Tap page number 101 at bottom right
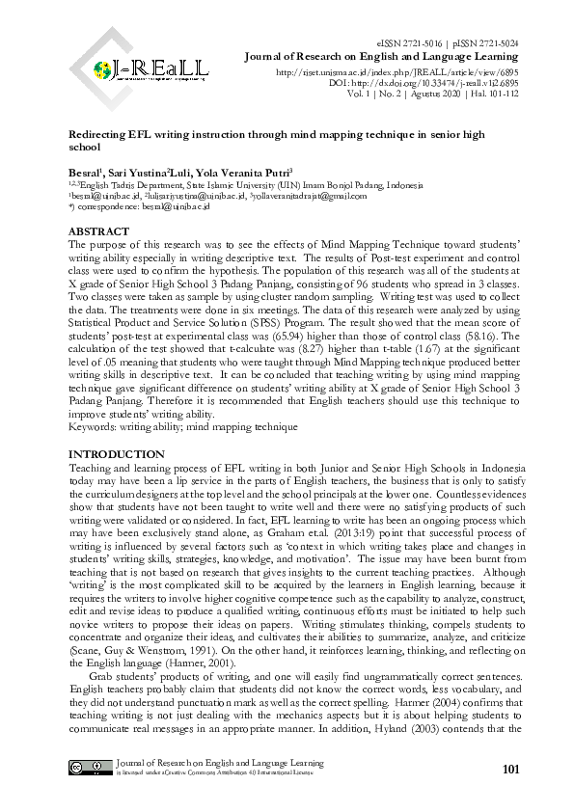pos(511,769)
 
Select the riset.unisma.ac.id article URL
pos(397,72)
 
